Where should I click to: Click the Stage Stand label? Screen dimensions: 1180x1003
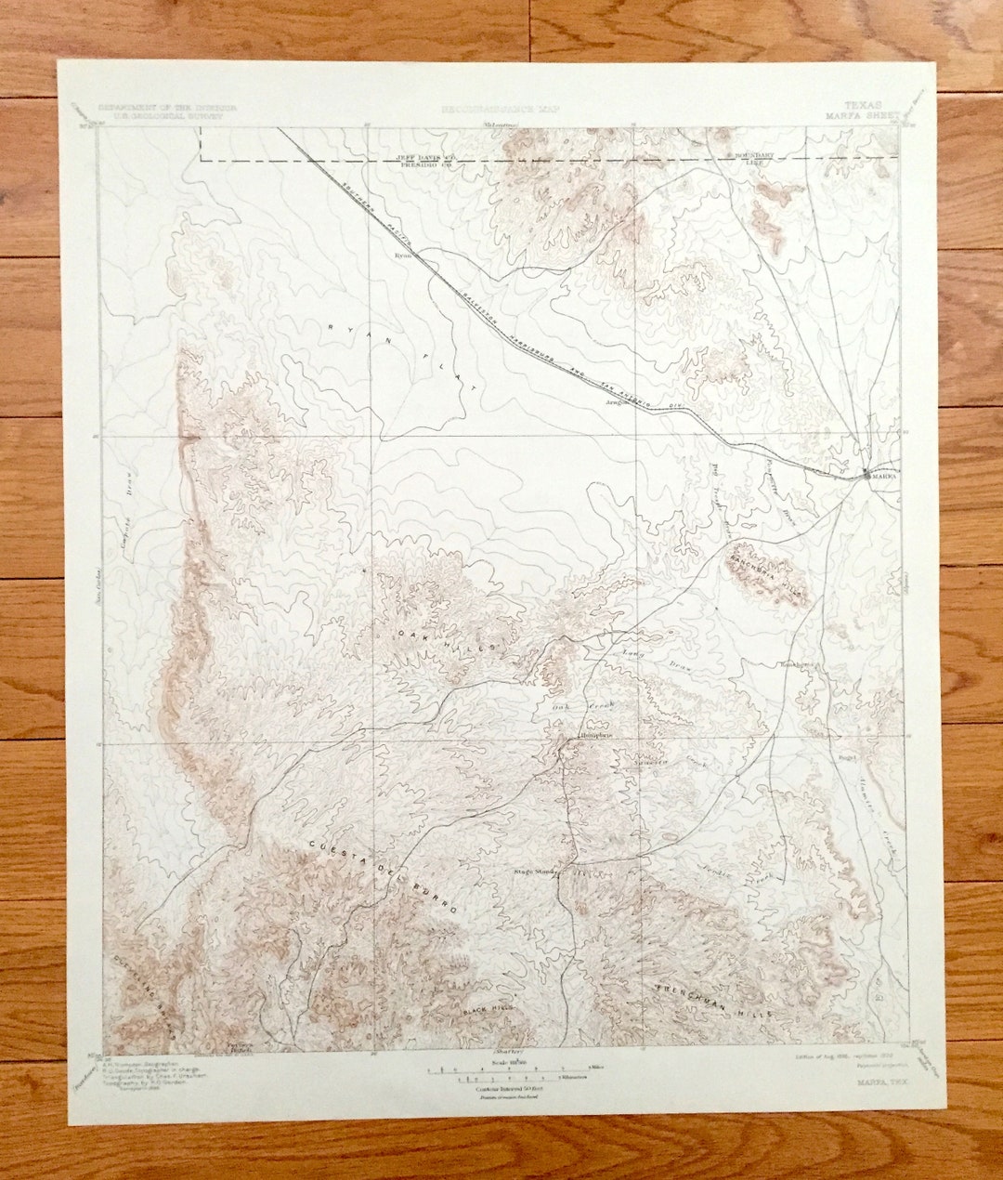534,872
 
